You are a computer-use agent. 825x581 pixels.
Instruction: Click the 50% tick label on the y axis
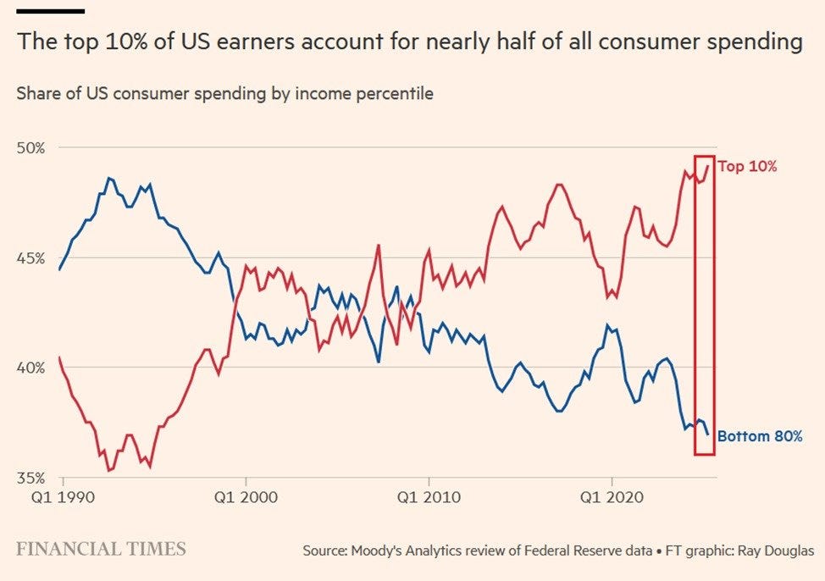coord(31,148)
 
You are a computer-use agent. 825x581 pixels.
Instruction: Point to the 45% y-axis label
coord(31,258)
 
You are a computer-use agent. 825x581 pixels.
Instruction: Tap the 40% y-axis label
coord(31,368)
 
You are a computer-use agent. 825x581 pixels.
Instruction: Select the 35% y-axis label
coord(31,478)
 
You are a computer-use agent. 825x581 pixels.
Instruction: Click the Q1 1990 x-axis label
coord(64,497)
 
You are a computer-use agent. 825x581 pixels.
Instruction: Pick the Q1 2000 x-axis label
coord(246,497)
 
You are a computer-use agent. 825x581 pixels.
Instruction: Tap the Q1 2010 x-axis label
coord(429,497)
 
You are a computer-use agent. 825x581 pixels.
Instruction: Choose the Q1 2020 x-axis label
coord(612,497)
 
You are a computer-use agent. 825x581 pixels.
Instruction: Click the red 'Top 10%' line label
coord(747,166)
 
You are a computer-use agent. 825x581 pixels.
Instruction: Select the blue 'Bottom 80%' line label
coord(760,435)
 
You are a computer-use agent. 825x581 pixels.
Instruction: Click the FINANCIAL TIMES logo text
coord(101,549)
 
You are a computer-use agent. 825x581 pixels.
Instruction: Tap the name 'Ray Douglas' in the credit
coord(776,551)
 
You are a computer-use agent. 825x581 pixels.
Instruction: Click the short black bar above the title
coord(51,10)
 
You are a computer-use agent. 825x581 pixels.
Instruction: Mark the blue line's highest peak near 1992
coord(109,178)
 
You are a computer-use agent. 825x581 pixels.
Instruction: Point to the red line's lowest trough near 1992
coord(109,470)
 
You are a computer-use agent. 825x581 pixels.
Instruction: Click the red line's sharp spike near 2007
coord(379,246)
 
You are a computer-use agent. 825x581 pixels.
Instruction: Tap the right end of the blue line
coord(708,434)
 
